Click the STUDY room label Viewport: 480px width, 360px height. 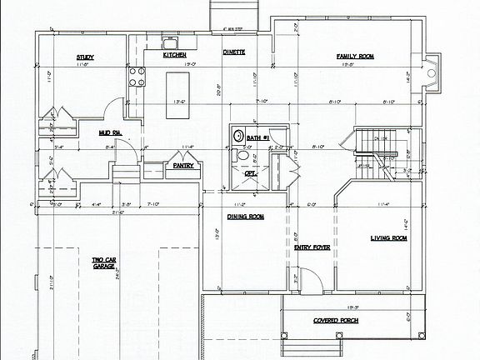85,57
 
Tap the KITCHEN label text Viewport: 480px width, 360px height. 174,55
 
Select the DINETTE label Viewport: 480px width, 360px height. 233,52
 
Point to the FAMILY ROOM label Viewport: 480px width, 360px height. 355,57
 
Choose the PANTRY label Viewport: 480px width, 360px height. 183,165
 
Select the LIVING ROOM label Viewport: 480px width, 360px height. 388,238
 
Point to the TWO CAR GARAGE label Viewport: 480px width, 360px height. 104,265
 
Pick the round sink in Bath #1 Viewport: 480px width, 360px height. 237,136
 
